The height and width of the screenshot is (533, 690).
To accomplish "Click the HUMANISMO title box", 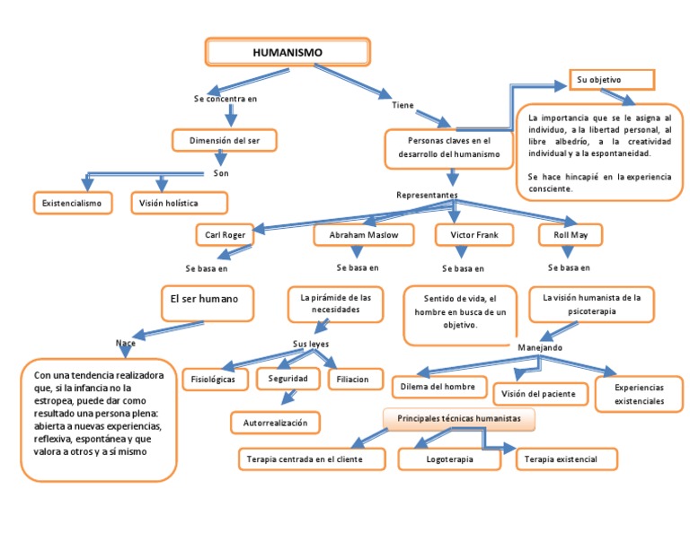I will (287, 52).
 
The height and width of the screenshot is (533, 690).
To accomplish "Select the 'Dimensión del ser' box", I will (224, 141).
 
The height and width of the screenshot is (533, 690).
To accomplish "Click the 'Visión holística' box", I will (178, 204).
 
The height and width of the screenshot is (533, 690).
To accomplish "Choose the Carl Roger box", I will (225, 235).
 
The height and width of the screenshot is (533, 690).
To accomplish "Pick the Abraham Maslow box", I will (365, 235).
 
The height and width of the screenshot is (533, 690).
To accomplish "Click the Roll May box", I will (571, 235).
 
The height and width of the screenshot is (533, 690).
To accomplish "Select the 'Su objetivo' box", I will (611, 80).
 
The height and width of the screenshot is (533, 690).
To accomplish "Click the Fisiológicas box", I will (213, 380).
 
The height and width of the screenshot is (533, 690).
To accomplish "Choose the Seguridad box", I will (287, 380).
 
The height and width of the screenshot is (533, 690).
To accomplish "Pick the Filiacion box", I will (353, 380).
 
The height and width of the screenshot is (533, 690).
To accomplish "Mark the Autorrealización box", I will (275, 422).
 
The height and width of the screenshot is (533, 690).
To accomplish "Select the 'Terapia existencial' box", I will (568, 459).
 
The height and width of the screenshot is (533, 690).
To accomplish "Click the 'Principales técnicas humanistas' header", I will (458, 419).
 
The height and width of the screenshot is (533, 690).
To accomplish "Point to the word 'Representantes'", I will (427, 195).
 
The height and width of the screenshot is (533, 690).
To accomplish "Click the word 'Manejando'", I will (540, 347).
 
